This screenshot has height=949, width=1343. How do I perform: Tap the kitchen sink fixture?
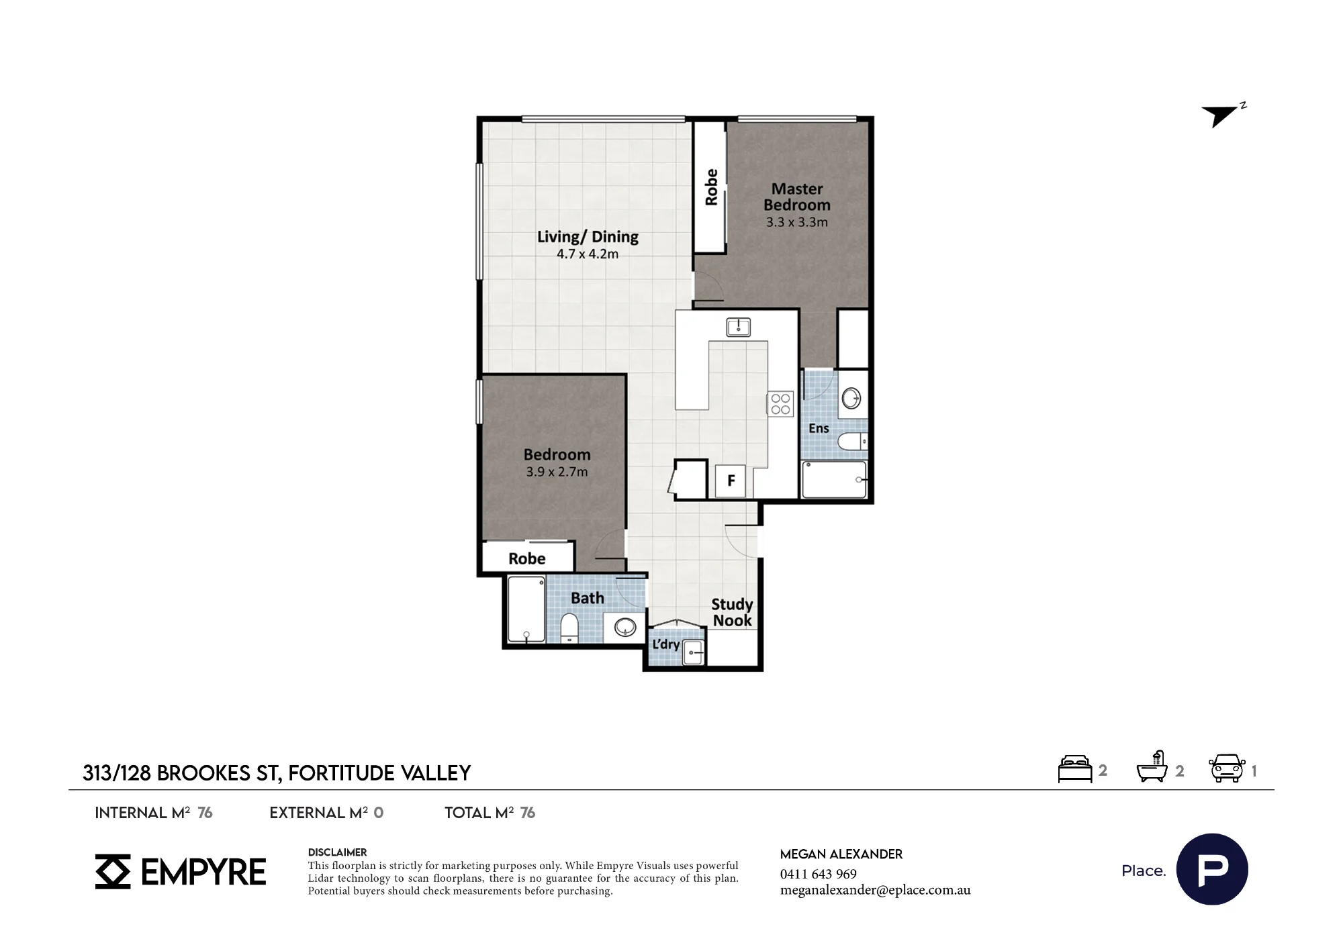click(738, 327)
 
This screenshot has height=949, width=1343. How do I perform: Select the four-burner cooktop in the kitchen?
click(780, 403)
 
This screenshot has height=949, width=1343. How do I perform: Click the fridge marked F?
click(731, 481)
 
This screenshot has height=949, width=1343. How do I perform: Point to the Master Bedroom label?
click(797, 197)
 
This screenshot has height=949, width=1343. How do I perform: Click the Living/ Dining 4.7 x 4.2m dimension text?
click(588, 254)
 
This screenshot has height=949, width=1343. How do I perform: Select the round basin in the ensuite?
click(851, 398)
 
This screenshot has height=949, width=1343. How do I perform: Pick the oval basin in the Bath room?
click(625, 628)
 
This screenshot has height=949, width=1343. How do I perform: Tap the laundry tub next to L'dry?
click(693, 652)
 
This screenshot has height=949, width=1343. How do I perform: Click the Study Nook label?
click(732, 612)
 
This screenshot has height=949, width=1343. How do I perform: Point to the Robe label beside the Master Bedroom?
click(711, 187)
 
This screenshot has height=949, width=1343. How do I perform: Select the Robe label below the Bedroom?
click(527, 558)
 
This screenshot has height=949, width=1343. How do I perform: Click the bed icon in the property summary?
click(1075, 769)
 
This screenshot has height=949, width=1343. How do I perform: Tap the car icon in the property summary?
click(1227, 768)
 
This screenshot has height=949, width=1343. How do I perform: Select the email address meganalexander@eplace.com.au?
click(876, 891)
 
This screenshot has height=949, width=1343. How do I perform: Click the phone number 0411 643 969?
click(819, 874)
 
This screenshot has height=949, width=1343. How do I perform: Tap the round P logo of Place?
click(1212, 869)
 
